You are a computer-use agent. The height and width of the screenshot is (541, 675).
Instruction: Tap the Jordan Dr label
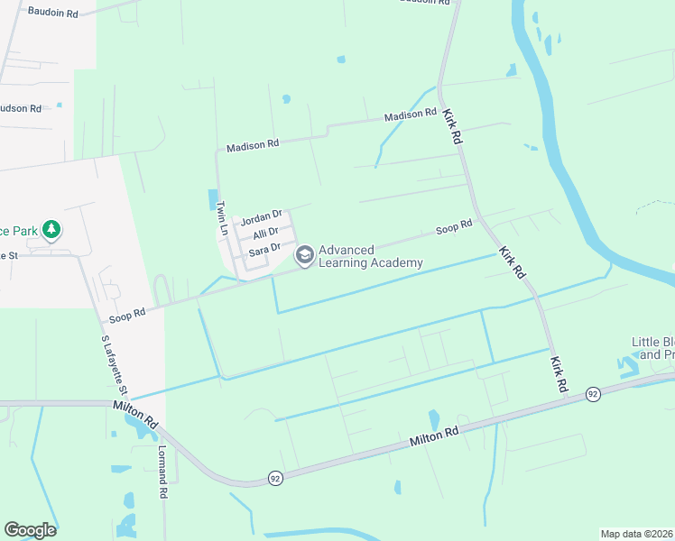coord(261,219)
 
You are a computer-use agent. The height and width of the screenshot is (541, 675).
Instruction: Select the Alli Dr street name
coord(265,233)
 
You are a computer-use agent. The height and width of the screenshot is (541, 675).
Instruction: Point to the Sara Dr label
coord(264,248)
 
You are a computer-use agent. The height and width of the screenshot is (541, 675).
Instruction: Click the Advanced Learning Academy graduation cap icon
coord(305,256)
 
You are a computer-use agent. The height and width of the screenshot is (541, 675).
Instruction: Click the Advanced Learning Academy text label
coord(370,256)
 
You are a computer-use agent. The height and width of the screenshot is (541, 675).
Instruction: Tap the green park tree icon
coord(52,230)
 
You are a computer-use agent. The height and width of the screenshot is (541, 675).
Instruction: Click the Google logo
coord(30,530)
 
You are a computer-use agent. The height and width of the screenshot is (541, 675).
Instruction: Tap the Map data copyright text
coord(636,534)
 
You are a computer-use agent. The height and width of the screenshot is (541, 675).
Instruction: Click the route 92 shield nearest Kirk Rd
coord(593,394)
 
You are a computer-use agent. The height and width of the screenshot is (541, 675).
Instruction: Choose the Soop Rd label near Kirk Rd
coord(454,227)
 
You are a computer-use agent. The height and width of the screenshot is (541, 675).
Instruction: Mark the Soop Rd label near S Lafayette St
coord(126,316)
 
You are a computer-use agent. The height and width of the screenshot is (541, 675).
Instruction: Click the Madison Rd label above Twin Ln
coord(253,146)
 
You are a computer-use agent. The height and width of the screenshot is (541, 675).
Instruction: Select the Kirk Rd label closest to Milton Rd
coord(559,372)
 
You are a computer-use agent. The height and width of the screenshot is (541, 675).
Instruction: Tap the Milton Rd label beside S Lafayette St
coord(136,414)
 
